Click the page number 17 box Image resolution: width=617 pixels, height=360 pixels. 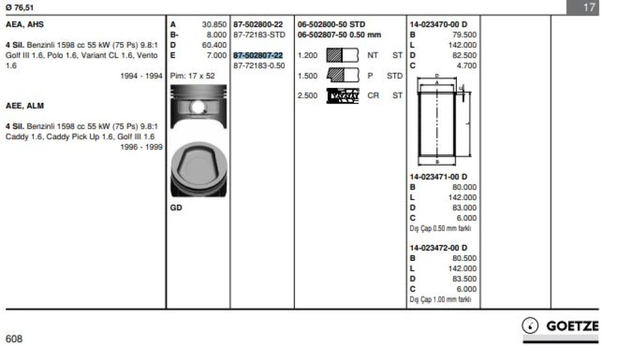point(588,8)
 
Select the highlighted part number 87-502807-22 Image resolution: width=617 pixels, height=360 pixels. point(258,55)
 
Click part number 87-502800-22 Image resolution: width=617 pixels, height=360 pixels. point(258,24)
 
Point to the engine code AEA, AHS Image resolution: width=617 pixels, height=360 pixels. point(24,24)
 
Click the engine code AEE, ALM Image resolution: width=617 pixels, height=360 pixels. point(24,106)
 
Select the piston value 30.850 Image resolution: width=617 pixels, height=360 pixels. point(214,24)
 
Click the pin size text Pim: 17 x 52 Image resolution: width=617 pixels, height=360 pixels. point(193,75)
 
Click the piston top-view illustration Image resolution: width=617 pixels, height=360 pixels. point(198,168)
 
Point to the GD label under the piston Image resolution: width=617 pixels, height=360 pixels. point(176,208)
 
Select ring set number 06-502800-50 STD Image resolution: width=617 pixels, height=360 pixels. point(331,24)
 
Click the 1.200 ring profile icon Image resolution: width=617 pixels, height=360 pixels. point(342,55)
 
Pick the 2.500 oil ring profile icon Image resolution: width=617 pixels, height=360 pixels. point(343,96)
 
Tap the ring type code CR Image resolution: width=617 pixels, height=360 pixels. point(373,96)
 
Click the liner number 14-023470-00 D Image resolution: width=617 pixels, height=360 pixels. point(438,24)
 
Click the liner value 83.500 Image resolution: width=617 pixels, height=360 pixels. point(464,278)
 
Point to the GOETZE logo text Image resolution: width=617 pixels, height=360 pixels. point(572,326)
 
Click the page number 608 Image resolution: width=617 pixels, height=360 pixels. point(14,339)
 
